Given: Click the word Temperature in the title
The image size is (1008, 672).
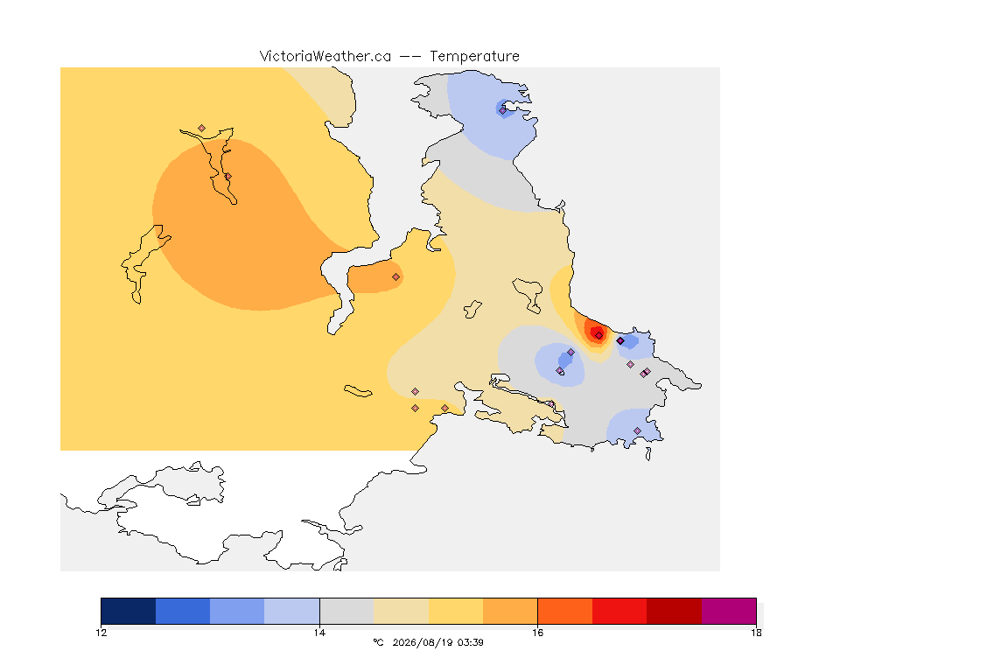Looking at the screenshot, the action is click(x=474, y=57).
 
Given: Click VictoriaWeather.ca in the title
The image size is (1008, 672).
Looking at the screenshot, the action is click(x=325, y=57).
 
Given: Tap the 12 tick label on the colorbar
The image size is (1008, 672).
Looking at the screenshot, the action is click(x=101, y=633).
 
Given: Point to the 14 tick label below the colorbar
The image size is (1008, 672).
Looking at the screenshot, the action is click(x=319, y=633).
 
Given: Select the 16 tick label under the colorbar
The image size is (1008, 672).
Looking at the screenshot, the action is click(x=537, y=633).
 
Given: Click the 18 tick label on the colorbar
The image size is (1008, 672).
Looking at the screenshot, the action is click(x=756, y=633).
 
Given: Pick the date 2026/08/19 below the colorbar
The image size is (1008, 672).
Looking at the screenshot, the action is click(x=423, y=642).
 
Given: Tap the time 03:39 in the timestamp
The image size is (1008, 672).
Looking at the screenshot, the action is click(x=471, y=642).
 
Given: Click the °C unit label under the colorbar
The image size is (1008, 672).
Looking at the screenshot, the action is click(x=378, y=642).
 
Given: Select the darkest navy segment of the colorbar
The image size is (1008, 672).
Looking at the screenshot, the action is click(x=129, y=611).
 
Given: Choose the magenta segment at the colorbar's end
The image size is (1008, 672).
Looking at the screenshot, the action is click(x=729, y=611).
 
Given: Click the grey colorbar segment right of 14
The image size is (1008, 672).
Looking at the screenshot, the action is click(x=346, y=611).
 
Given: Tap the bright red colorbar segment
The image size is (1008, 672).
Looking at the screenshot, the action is click(x=619, y=611).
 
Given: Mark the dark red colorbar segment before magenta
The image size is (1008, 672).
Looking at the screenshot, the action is click(x=675, y=611).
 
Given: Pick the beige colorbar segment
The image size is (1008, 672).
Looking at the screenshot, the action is click(x=401, y=611).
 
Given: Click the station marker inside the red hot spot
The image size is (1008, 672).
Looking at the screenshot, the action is click(x=599, y=336).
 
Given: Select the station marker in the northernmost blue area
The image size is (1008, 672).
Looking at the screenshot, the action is click(x=503, y=110).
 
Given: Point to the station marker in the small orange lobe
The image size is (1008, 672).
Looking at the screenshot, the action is click(x=396, y=277).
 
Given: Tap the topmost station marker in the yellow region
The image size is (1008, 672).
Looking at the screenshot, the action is click(x=202, y=129).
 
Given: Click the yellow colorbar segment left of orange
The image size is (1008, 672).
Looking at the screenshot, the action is click(x=456, y=611).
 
